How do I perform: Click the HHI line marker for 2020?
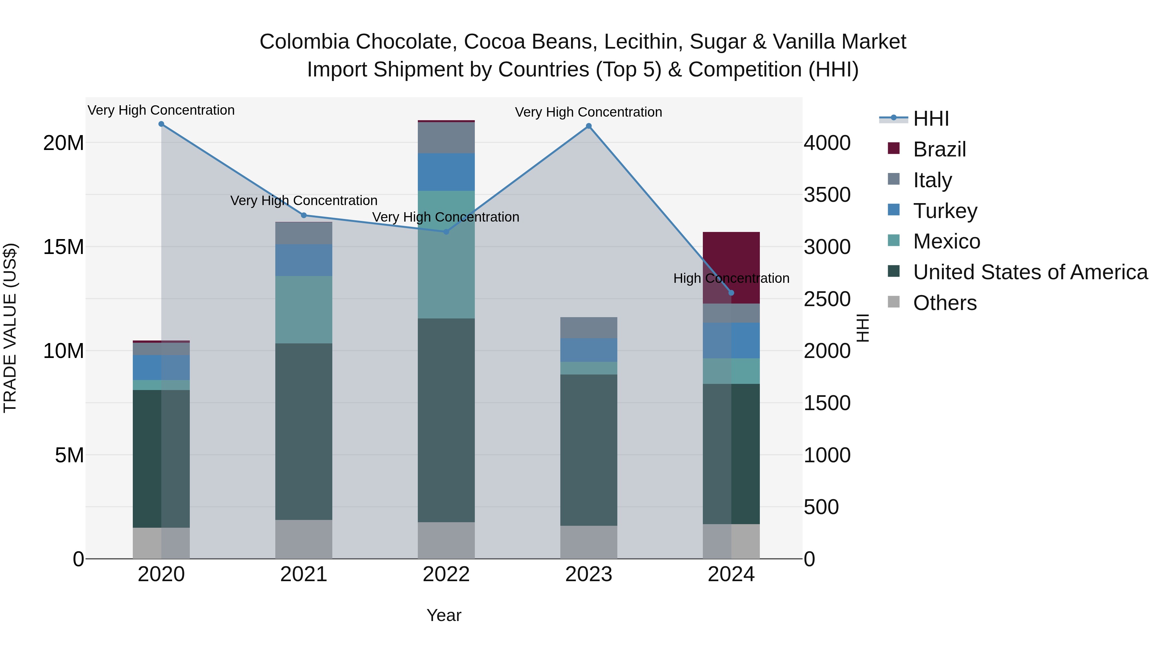point(161,124)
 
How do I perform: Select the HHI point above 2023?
point(589,126)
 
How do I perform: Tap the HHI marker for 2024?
point(731,293)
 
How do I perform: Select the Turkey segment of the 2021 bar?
point(304,260)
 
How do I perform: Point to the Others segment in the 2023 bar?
point(589,542)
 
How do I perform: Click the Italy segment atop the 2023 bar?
point(589,328)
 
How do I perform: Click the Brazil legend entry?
point(939,149)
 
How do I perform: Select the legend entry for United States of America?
point(1030,272)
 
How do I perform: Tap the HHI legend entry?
point(930,119)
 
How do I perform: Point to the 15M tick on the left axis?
point(63,247)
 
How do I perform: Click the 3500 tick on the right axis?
point(827,195)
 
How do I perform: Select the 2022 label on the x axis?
point(446,574)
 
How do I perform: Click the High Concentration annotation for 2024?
point(731,278)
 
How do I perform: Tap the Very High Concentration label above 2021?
point(304,200)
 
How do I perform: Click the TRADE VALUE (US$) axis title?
point(10,328)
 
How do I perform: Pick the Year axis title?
point(444,615)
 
